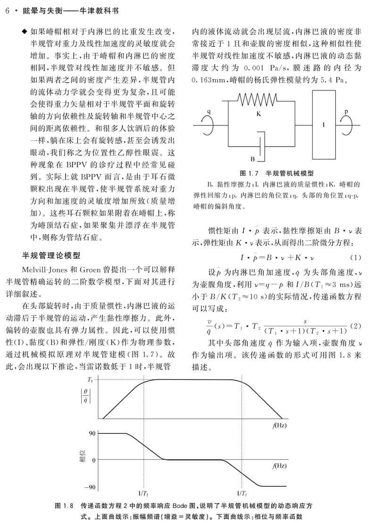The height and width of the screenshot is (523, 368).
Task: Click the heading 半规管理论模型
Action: click(52, 256)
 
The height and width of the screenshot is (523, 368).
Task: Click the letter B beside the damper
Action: click(253, 159)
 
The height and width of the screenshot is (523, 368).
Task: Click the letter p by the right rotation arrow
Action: click(346, 112)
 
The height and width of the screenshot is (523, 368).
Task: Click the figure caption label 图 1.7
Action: click(248, 173)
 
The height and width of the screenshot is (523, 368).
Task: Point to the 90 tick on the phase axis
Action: click(92, 433)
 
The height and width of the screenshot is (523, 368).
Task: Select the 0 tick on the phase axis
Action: click(93, 459)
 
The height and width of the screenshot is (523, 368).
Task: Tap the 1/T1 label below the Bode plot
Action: click(242, 493)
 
